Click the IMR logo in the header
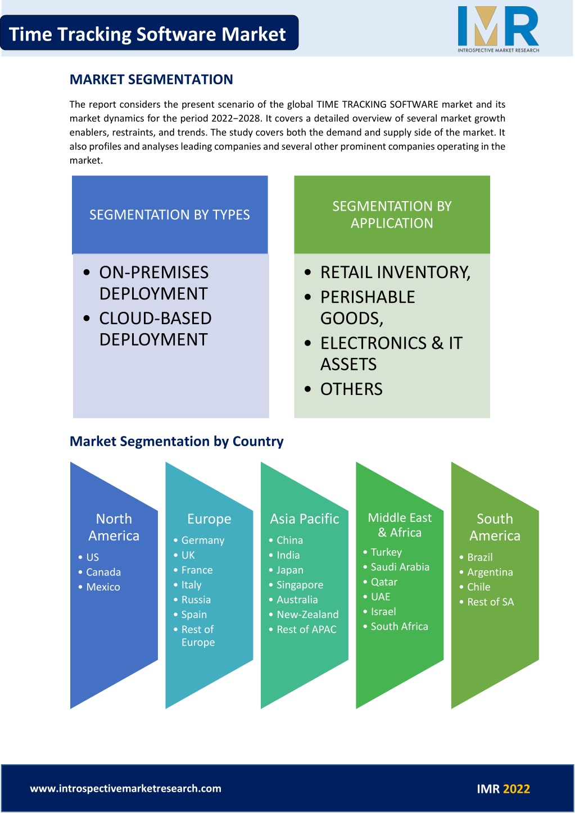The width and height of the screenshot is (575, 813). pos(498,29)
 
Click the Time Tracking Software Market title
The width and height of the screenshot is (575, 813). pos(147,34)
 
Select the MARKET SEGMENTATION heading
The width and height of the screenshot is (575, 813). pos(151,79)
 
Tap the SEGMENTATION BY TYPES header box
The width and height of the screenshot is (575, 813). pos(170,215)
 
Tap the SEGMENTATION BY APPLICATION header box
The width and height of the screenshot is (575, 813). pos(392,215)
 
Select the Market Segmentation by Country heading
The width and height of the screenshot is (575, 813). pos(176,442)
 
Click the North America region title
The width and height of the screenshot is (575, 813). pos(114,527)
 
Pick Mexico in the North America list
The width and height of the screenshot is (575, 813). pos(103,587)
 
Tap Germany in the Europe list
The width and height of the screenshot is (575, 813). pos(203,541)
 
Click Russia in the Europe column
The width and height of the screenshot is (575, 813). pos(196,599)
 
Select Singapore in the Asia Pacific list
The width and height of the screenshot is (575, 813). pos(300,585)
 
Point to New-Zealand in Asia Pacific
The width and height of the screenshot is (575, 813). pos(307,615)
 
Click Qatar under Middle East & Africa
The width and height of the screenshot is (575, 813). pos(384,582)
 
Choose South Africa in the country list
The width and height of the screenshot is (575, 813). pos(399,626)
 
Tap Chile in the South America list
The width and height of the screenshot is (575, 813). pos(478,587)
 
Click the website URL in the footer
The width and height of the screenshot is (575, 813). pos(125,788)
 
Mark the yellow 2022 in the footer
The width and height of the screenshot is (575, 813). pos(517,789)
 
